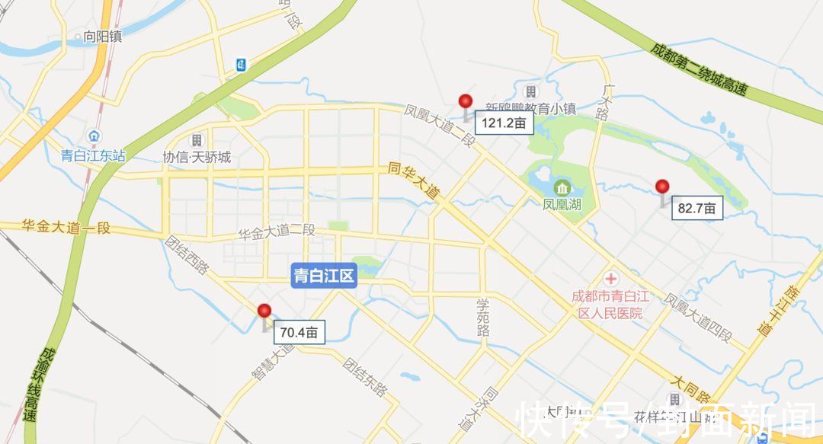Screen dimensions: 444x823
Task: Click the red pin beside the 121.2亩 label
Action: point(466,102)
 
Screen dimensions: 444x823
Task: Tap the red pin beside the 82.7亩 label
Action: point(662,187)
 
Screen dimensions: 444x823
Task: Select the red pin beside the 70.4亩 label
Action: point(264,311)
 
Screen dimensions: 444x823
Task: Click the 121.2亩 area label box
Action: point(503,122)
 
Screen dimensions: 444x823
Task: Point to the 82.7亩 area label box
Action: point(697,208)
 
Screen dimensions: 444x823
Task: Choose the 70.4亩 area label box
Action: point(302,332)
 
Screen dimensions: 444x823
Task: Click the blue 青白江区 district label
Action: point(325,276)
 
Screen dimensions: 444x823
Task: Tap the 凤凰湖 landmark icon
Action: point(562,187)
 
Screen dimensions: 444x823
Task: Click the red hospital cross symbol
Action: point(611,279)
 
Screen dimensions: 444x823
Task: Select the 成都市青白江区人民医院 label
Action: point(607,304)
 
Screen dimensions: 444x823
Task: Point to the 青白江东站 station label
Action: point(93,156)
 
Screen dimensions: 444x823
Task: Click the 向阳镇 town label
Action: point(103,36)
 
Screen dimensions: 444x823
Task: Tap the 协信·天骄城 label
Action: point(197,158)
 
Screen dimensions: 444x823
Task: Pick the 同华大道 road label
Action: point(414,181)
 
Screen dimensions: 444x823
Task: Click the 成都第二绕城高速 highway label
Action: point(698,68)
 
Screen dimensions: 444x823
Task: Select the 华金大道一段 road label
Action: point(66,226)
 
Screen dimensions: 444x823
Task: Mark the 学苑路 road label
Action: point(482,317)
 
